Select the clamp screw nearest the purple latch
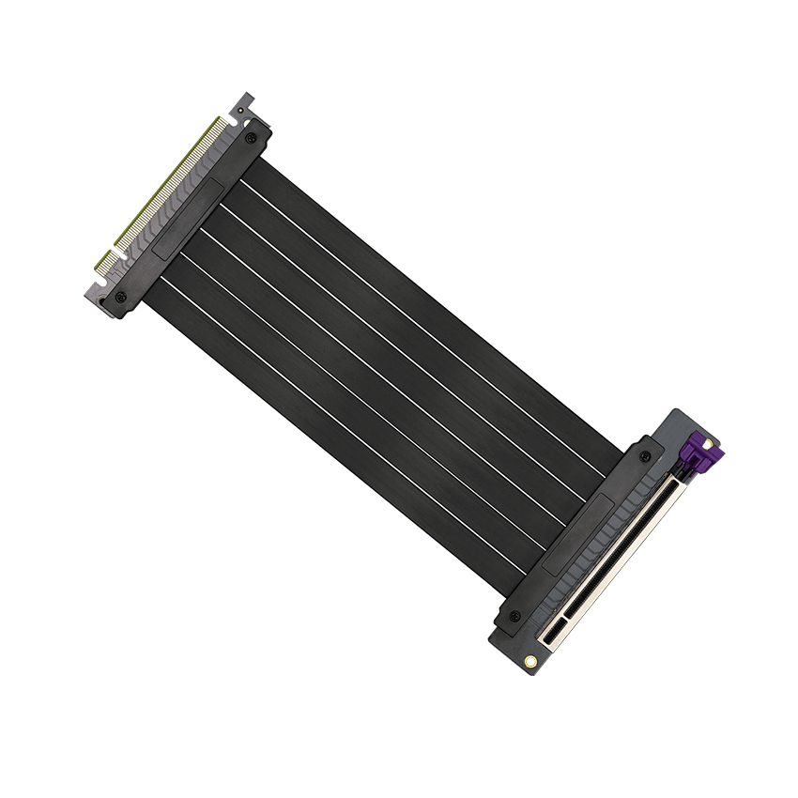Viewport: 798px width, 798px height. (x=645, y=456)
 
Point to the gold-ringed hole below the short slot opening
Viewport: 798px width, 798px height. (x=532, y=659)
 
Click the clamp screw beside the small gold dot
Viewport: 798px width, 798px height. (x=250, y=138)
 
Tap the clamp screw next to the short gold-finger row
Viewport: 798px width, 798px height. (x=119, y=298)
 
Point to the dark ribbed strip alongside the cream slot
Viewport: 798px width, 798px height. (x=601, y=554)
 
